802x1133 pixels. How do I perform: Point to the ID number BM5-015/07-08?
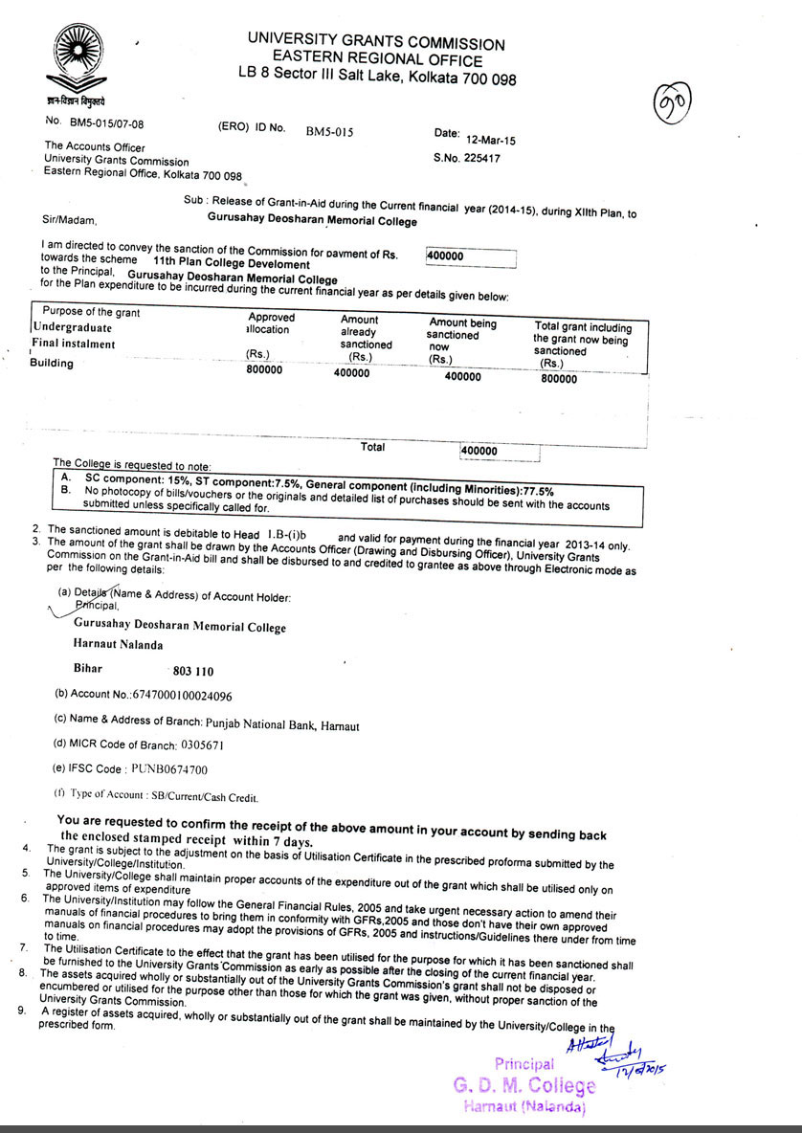(107, 122)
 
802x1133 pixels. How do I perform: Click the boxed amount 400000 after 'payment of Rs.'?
(469, 257)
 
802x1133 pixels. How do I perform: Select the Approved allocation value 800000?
(264, 370)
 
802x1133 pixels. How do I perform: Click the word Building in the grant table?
(52, 363)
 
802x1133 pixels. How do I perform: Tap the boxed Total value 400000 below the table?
(479, 451)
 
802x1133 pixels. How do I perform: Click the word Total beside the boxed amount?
(372, 447)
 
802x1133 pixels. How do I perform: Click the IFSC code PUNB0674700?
(169, 768)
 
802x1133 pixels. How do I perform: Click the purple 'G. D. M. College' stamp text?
(524, 1085)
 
